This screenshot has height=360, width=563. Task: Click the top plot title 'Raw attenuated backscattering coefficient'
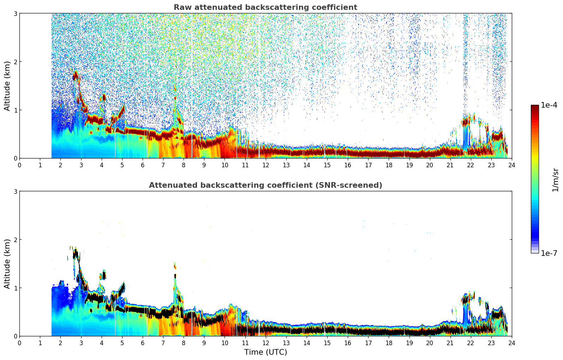pyautogui.click(x=265, y=7)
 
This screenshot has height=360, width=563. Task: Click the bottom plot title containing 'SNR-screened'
pyautogui.click(x=265, y=185)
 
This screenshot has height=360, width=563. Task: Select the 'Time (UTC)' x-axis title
pyautogui.click(x=265, y=352)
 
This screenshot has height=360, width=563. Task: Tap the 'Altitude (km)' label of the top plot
pyautogui.click(x=7, y=86)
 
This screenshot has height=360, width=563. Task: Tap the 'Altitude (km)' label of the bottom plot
pyautogui.click(x=7, y=264)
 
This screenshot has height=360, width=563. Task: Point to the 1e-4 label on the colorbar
pyautogui.click(x=549, y=105)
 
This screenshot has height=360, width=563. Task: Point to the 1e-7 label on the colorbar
pyautogui.click(x=549, y=253)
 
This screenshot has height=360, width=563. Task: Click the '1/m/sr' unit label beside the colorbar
pyautogui.click(x=555, y=180)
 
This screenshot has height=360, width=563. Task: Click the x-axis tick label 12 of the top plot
pyautogui.click(x=265, y=165)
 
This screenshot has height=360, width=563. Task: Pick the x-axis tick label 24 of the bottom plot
pyautogui.click(x=511, y=343)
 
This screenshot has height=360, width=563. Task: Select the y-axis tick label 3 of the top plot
pyautogui.click(x=16, y=13)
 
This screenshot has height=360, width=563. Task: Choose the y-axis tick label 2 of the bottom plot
pyautogui.click(x=16, y=240)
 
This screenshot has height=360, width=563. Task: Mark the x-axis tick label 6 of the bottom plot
pyautogui.click(x=143, y=343)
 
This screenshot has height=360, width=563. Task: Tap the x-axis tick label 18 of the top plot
pyautogui.click(x=389, y=165)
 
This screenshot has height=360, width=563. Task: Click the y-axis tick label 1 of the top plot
pyautogui.click(x=16, y=110)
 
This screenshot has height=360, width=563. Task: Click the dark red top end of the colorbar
pyautogui.click(x=535, y=107)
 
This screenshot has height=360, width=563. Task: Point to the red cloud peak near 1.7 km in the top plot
pyautogui.click(x=75, y=75)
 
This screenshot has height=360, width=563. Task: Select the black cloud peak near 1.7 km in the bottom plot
pyautogui.click(x=75, y=253)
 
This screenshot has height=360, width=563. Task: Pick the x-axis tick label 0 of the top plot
pyautogui.click(x=19, y=165)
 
